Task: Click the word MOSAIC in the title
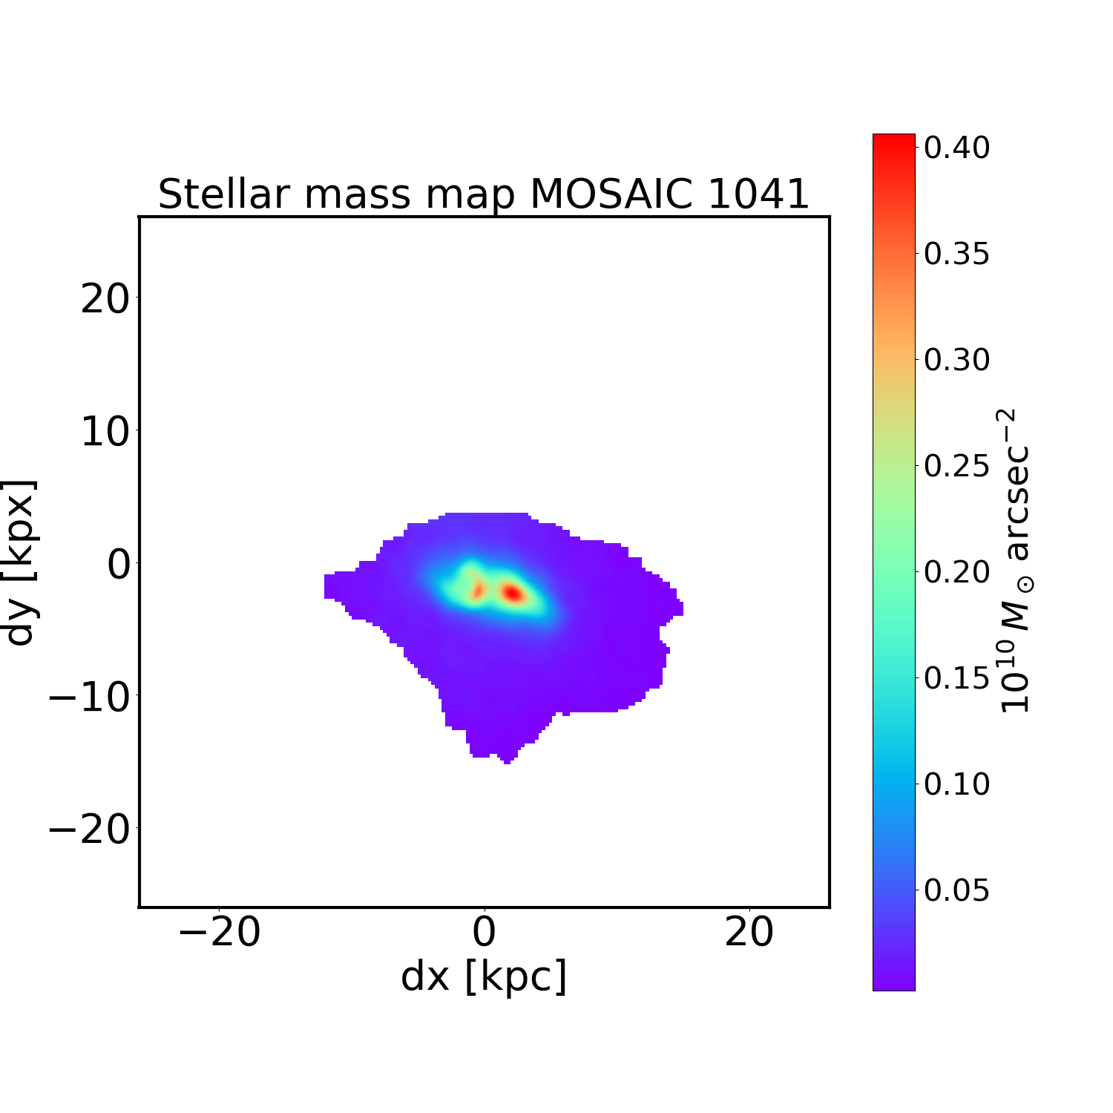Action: point(611,195)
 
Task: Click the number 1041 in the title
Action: point(758,195)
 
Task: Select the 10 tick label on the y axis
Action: point(104,432)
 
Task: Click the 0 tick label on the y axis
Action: point(119,565)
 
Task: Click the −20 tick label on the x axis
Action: point(219,932)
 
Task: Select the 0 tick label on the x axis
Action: point(484,932)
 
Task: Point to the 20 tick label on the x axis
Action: point(749,932)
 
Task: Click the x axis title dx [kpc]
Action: point(484,976)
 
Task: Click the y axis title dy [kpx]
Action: point(21,562)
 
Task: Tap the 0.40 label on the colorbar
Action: point(956,148)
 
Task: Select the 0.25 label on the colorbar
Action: point(956,466)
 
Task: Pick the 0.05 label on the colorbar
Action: point(956,890)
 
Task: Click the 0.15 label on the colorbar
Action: point(956,678)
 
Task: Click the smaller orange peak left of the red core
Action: point(478,591)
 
